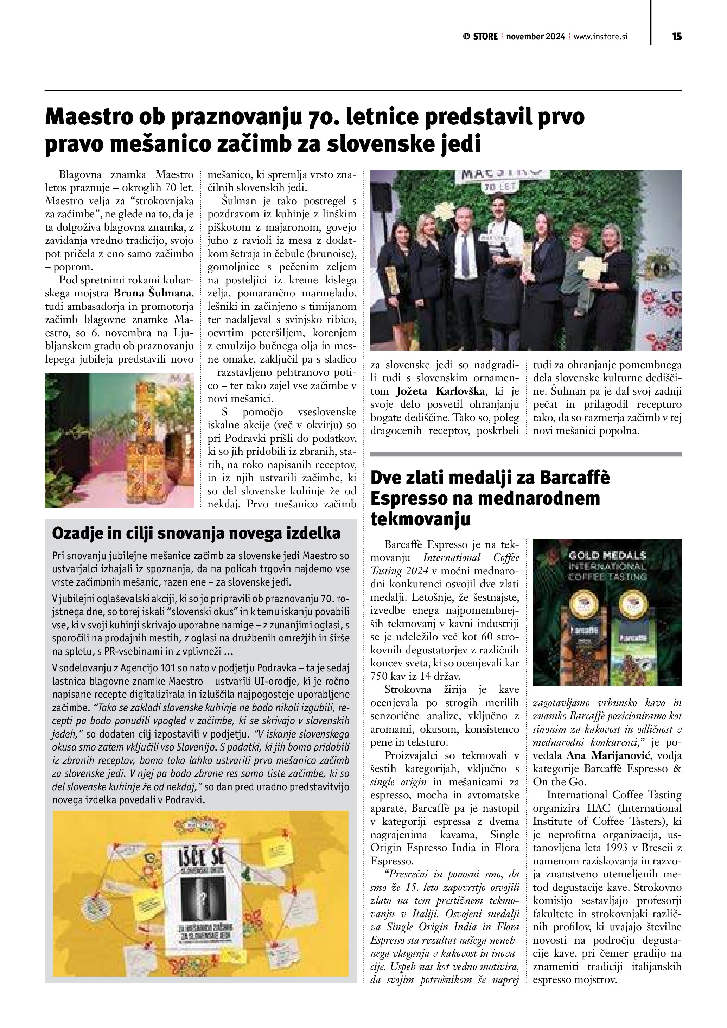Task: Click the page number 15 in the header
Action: tap(676, 37)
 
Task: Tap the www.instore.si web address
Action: tap(600, 37)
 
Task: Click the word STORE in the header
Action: tap(485, 37)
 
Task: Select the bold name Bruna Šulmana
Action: tap(153, 294)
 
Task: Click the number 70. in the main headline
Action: tap(322, 117)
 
